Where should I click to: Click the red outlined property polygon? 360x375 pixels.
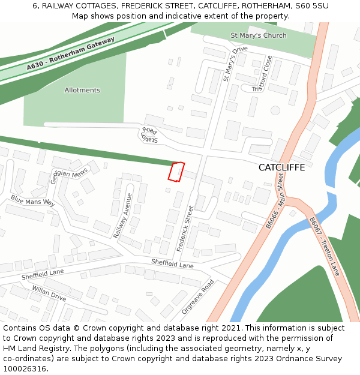pos(175,172)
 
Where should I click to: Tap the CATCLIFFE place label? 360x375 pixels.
pos(281,167)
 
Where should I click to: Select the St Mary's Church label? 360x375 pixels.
pos(259,36)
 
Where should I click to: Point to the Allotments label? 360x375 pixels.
pos(82,91)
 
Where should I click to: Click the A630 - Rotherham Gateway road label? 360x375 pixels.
pos(70,55)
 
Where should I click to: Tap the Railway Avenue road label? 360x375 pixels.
pos(123,215)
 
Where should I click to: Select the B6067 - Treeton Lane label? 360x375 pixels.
pos(325,247)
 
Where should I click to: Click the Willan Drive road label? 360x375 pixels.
pos(49,293)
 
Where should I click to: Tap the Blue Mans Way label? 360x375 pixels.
pos(32,201)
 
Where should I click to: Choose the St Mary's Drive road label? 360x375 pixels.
pos(235,64)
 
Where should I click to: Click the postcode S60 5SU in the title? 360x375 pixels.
pos(308,5)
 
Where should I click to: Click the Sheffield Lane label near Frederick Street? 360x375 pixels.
pos(172,263)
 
